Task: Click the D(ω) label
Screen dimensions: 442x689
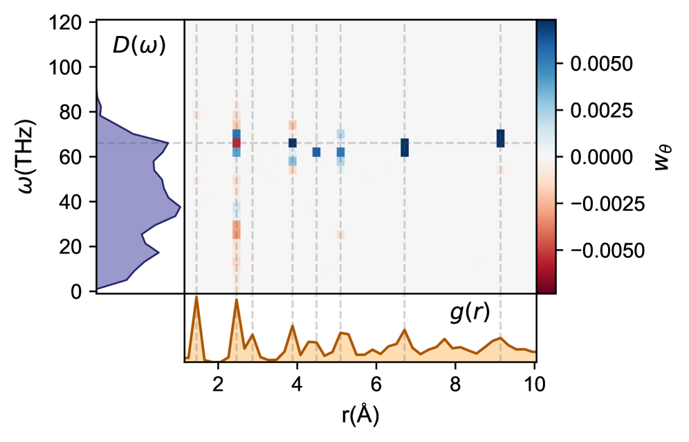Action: click(x=139, y=47)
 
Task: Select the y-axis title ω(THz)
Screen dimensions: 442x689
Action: click(x=26, y=156)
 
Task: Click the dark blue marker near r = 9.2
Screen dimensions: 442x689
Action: click(x=500, y=138)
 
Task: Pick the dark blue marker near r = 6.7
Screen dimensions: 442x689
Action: click(x=405, y=147)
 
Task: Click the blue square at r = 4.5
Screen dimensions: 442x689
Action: click(x=316, y=152)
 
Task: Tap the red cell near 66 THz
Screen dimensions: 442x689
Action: click(x=237, y=143)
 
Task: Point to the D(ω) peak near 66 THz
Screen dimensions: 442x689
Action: click(x=167, y=143)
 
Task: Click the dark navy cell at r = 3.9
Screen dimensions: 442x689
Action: click(x=293, y=143)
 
